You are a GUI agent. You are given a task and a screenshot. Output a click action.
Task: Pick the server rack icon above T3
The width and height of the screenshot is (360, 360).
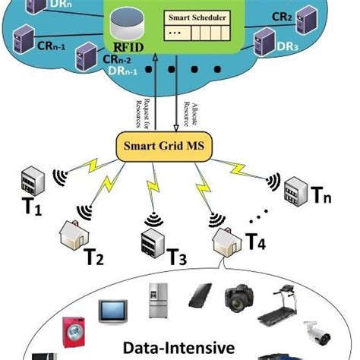point(150,242)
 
